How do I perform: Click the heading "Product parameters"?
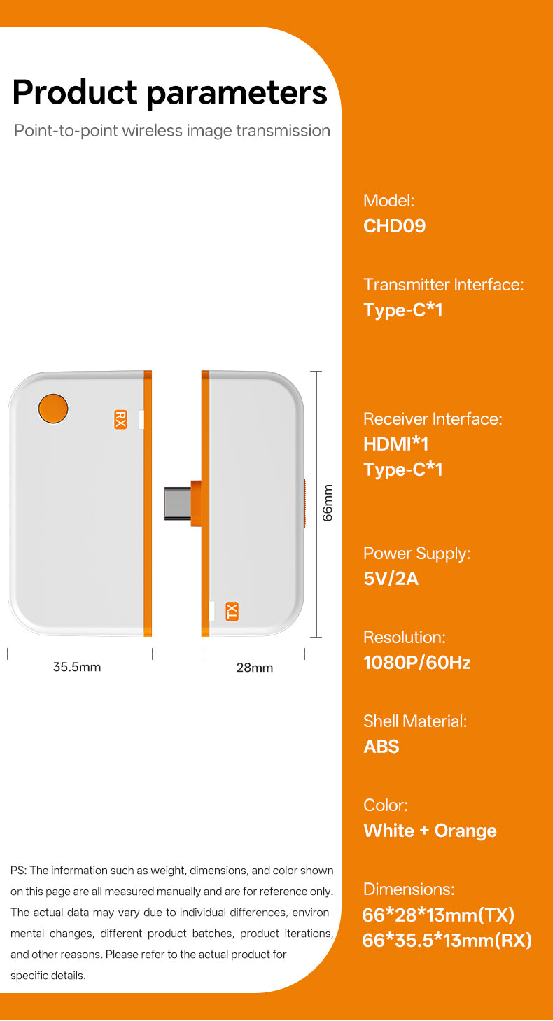tap(170, 92)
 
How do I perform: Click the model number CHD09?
tap(394, 226)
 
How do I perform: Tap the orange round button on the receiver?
tap(52, 409)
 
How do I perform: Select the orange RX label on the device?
tap(120, 419)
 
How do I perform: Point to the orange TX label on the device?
tap(232, 611)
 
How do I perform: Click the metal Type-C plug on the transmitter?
tap(177, 503)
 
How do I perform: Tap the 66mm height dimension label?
tap(328, 502)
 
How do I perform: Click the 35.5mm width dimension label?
tap(77, 667)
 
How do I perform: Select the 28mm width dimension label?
tap(254, 668)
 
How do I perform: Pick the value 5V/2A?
tap(391, 579)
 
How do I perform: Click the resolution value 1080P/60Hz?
tap(416, 663)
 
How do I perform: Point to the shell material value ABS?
tap(381, 747)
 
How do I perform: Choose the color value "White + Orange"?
tap(430, 831)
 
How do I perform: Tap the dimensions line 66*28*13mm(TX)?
tap(438, 915)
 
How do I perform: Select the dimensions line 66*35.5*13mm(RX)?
tap(447, 940)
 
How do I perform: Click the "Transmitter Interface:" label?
tap(443, 285)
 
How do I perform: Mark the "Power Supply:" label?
tap(416, 554)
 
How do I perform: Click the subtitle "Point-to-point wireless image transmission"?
tap(172, 131)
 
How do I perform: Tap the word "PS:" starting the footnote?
tap(18, 871)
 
